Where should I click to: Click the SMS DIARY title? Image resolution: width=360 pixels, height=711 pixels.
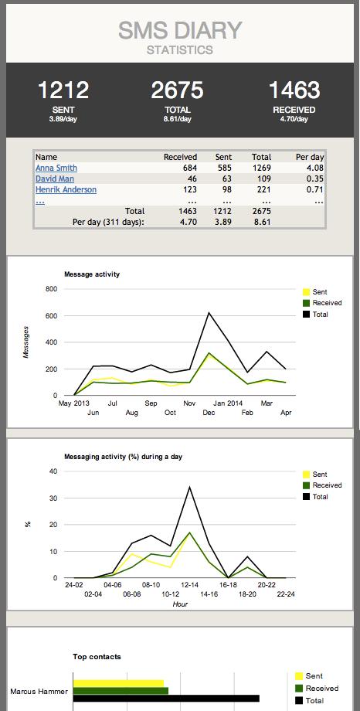coord(180,30)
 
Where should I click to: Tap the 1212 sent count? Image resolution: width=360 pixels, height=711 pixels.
coord(63,90)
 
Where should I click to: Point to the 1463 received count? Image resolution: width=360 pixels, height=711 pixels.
coord(294,90)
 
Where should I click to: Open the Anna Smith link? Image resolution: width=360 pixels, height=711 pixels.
coord(56,168)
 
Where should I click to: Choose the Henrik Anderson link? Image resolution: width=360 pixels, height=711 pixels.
coord(66,189)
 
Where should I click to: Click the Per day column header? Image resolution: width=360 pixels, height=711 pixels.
coord(310,157)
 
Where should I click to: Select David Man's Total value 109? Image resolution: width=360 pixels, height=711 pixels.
coord(262,179)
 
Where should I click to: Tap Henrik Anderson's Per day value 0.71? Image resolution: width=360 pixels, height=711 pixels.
coord(314,189)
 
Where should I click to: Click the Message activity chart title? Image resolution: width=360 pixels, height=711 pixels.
coord(91,274)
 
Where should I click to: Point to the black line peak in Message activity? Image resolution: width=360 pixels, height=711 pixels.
coord(209,313)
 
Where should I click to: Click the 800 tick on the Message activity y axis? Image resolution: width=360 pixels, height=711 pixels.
coord(52,289)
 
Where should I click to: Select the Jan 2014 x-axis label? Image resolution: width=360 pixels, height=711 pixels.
coord(229,403)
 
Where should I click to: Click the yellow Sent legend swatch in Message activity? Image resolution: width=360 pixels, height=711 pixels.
coord(306,292)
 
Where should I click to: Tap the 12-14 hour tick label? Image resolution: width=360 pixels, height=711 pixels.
coord(191,585)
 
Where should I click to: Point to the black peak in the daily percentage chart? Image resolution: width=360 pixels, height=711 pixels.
coord(190,487)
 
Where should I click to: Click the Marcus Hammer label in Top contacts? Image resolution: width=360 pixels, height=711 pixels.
coord(37,691)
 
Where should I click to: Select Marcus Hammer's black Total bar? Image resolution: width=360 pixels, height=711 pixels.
coord(165,699)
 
